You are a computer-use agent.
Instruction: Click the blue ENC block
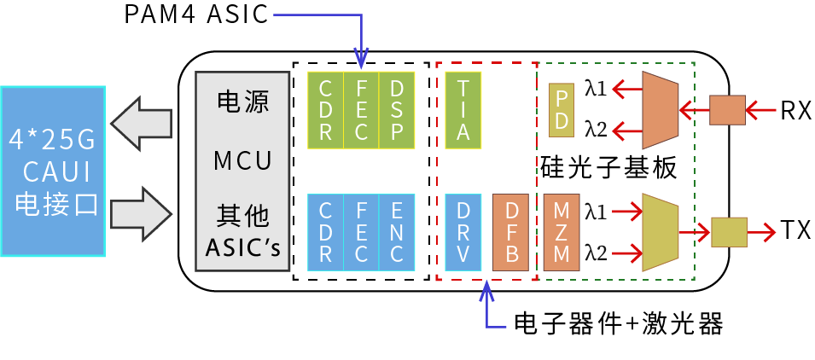point(397,233)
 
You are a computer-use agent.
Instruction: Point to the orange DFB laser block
point(511,233)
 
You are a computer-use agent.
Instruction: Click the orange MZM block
point(561,233)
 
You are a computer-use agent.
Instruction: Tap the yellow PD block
point(561,111)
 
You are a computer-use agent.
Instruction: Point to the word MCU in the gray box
point(242,160)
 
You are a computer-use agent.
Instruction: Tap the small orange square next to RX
point(727,109)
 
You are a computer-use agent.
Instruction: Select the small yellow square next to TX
point(728,231)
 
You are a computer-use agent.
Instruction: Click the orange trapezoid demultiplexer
point(659,109)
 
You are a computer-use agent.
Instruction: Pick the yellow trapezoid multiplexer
point(659,231)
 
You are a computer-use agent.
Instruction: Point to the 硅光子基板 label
point(608,167)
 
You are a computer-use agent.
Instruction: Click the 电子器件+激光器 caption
point(618,324)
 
